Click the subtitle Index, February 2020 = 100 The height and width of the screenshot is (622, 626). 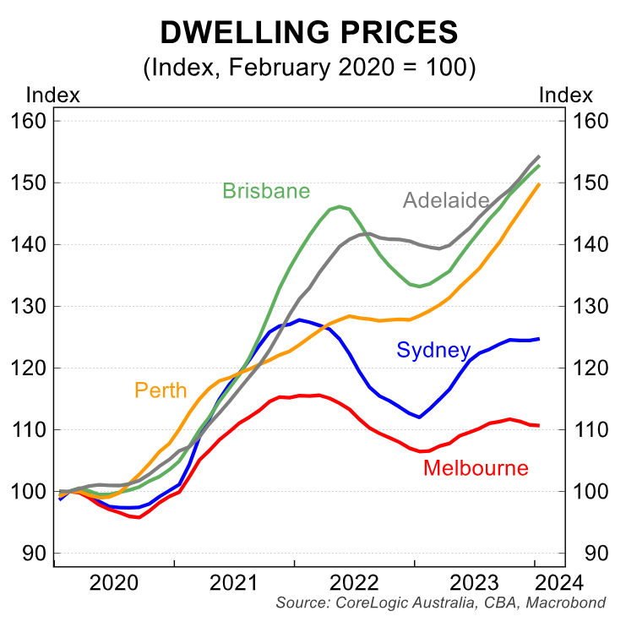[309, 68]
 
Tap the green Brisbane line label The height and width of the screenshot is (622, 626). [266, 191]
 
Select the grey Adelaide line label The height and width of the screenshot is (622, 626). [446, 201]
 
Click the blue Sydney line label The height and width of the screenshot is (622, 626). [433, 351]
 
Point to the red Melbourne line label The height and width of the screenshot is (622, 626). [476, 468]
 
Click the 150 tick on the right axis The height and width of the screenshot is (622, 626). [591, 183]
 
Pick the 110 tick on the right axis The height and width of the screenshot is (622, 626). [591, 429]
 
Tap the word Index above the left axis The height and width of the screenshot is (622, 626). [53, 95]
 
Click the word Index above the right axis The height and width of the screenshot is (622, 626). [565, 95]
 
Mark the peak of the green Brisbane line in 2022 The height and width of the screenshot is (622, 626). [339, 205]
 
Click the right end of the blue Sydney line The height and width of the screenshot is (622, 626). [539, 339]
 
